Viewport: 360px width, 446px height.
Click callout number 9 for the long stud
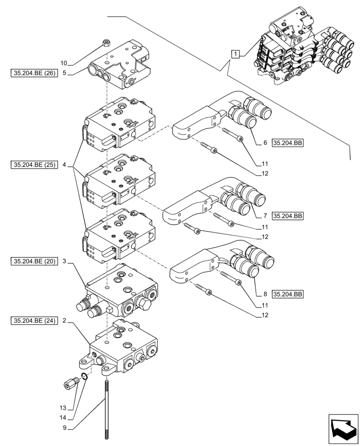click(65, 428)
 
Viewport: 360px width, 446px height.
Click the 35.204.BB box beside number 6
click(287, 143)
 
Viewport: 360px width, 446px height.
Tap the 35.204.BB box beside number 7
click(287, 216)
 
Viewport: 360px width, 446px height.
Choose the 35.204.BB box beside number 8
click(287, 294)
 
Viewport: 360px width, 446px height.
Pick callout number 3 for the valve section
click(65, 261)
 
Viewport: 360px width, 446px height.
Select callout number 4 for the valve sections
click(65, 165)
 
